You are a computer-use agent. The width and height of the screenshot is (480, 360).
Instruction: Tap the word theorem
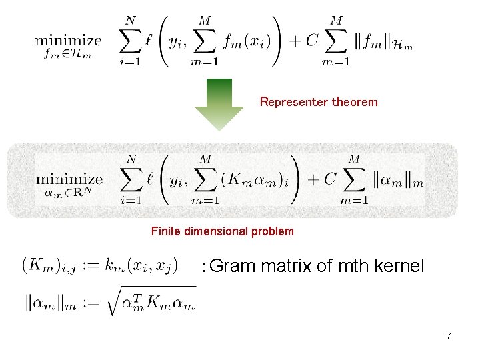click(x=355, y=102)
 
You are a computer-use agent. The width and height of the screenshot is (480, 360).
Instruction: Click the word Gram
click(x=232, y=267)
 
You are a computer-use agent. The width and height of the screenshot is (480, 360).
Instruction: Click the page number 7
click(x=449, y=336)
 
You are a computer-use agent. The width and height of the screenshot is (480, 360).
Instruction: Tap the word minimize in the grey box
click(x=69, y=179)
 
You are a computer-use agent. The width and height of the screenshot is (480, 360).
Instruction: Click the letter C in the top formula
click(x=312, y=41)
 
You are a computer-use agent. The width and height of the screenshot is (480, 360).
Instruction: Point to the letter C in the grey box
click(x=329, y=179)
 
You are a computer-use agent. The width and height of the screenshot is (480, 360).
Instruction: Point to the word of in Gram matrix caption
click(x=324, y=267)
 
